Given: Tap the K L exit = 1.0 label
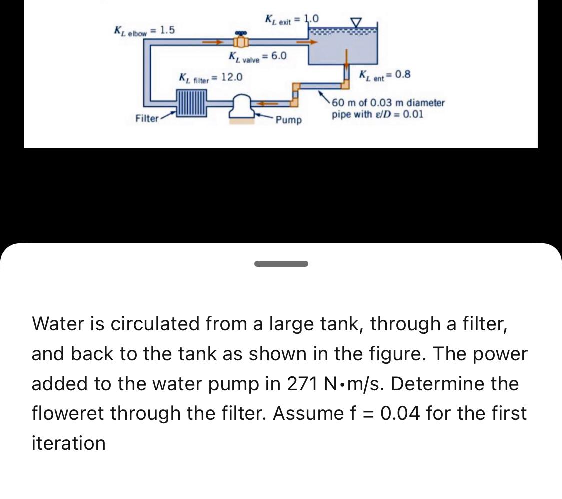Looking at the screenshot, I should pos(291,20).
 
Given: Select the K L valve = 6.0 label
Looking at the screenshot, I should pos(257,56).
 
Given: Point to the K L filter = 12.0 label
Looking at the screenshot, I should pos(211,77).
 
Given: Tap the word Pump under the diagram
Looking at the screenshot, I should pos(289,120).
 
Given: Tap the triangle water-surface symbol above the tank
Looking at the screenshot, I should pos(356,22).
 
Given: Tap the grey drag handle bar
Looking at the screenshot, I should pos(281,263).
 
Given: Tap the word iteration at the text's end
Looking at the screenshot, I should pos(68,443).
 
